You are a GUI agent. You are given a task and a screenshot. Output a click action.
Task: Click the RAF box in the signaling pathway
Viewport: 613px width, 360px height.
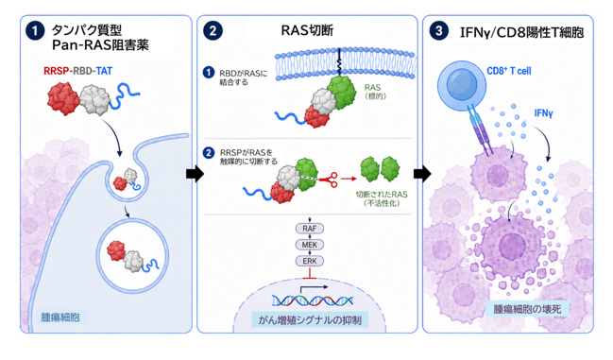310,229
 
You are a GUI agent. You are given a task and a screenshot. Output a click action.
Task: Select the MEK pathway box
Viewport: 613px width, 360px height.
310,245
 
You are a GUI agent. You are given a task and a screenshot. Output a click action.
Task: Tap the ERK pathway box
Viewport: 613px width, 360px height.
310,261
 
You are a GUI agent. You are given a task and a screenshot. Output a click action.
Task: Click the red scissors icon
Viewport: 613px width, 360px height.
329,180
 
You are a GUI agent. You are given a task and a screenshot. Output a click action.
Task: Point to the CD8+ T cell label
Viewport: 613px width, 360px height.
509,71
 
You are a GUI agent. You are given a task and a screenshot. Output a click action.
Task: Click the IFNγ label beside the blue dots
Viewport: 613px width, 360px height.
543,113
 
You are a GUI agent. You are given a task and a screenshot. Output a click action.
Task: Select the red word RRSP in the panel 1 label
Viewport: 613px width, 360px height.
57,71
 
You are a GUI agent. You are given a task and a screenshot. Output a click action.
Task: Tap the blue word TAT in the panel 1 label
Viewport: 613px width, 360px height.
104,71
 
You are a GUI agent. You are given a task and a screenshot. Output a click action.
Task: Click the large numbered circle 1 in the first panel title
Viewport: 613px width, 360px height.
35,31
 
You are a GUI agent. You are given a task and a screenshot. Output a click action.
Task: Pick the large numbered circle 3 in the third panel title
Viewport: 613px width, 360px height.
438,30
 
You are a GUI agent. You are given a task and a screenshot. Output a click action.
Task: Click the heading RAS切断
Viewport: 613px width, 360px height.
307,30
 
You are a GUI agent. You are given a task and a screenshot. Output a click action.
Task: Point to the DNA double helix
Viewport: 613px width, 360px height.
313,300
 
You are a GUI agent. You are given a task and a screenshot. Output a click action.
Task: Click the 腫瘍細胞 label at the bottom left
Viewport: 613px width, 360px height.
60,317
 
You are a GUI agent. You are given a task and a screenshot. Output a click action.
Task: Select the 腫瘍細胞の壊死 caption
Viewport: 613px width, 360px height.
527,309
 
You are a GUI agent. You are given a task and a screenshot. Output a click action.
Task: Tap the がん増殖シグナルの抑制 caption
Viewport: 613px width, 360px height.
310,320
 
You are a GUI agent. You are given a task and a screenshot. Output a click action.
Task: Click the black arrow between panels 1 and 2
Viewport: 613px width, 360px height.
195,173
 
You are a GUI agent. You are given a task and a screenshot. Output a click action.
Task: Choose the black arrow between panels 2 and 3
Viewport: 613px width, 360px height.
422,173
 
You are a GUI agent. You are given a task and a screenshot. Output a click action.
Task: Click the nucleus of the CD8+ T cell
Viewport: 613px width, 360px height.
462,84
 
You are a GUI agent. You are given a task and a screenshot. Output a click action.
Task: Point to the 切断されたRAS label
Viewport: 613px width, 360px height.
382,195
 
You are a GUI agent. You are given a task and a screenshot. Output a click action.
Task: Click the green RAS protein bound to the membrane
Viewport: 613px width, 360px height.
342,93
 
